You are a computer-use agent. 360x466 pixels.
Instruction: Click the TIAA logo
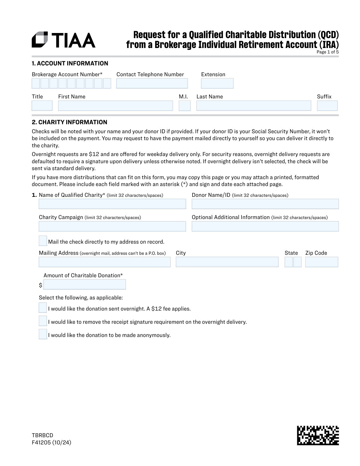64,40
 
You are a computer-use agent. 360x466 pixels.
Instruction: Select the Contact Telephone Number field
152,83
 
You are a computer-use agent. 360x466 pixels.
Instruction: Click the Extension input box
217,83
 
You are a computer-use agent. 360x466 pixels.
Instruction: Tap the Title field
42,106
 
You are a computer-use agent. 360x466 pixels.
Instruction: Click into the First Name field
115,106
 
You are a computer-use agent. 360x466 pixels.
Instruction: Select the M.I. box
184,106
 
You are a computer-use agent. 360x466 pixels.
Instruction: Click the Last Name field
253,106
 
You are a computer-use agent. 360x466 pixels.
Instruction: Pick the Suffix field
327,106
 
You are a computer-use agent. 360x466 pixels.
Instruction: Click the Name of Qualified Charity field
112,204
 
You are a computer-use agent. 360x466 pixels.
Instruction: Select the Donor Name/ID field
265,204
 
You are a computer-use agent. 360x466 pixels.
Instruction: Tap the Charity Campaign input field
112,226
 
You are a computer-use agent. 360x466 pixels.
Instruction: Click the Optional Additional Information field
265,226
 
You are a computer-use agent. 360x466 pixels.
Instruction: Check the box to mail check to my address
43,241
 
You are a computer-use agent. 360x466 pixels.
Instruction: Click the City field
227,262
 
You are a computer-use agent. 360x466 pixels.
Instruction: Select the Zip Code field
321,262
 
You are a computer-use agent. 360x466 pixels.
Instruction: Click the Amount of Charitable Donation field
85,284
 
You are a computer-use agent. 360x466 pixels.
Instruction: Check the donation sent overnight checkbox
43,308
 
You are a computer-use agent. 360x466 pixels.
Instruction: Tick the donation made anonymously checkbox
43,334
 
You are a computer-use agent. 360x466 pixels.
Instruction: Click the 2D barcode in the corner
318,435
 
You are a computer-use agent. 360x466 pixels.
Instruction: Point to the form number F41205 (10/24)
52,442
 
